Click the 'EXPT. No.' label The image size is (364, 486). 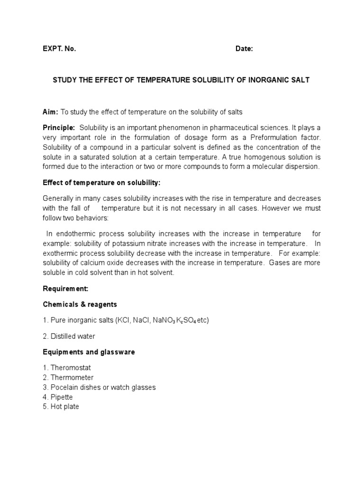pos(59,48)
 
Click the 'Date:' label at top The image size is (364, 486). pos(244,48)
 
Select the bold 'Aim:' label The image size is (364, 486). pos(50,112)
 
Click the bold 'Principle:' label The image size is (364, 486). pos(59,127)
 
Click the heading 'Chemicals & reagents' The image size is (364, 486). pos(80,304)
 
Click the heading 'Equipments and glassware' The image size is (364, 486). pos(89,352)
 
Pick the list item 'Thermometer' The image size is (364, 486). pos(72,377)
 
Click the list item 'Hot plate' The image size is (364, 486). pos(65,406)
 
